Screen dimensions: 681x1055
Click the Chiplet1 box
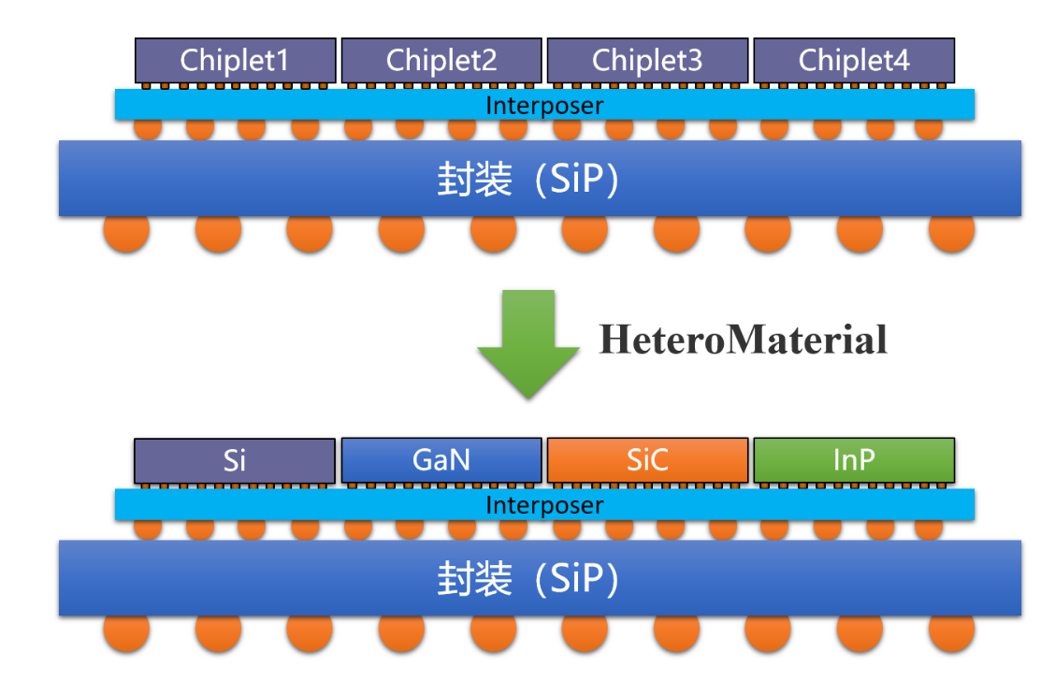235,61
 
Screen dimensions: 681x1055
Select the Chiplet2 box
441,61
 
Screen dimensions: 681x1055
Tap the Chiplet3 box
647,61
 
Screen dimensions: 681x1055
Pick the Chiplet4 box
853,61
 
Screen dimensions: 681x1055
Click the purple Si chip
235,460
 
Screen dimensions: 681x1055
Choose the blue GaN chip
441,460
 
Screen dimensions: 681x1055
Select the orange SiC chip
647,460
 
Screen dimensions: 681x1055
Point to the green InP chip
853,460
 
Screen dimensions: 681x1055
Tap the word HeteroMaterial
744,339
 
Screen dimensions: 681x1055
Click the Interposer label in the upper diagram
544,106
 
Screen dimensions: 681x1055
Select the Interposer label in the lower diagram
544,506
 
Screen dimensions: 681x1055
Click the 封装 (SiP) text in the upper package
528,179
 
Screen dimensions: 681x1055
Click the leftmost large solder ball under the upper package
126,232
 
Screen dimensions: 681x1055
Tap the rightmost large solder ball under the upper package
951,232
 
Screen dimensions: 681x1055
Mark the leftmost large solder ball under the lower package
126,632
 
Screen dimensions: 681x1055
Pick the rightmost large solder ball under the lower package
951,632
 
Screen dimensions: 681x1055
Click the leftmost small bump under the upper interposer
148,128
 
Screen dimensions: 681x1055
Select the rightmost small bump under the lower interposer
928,529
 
